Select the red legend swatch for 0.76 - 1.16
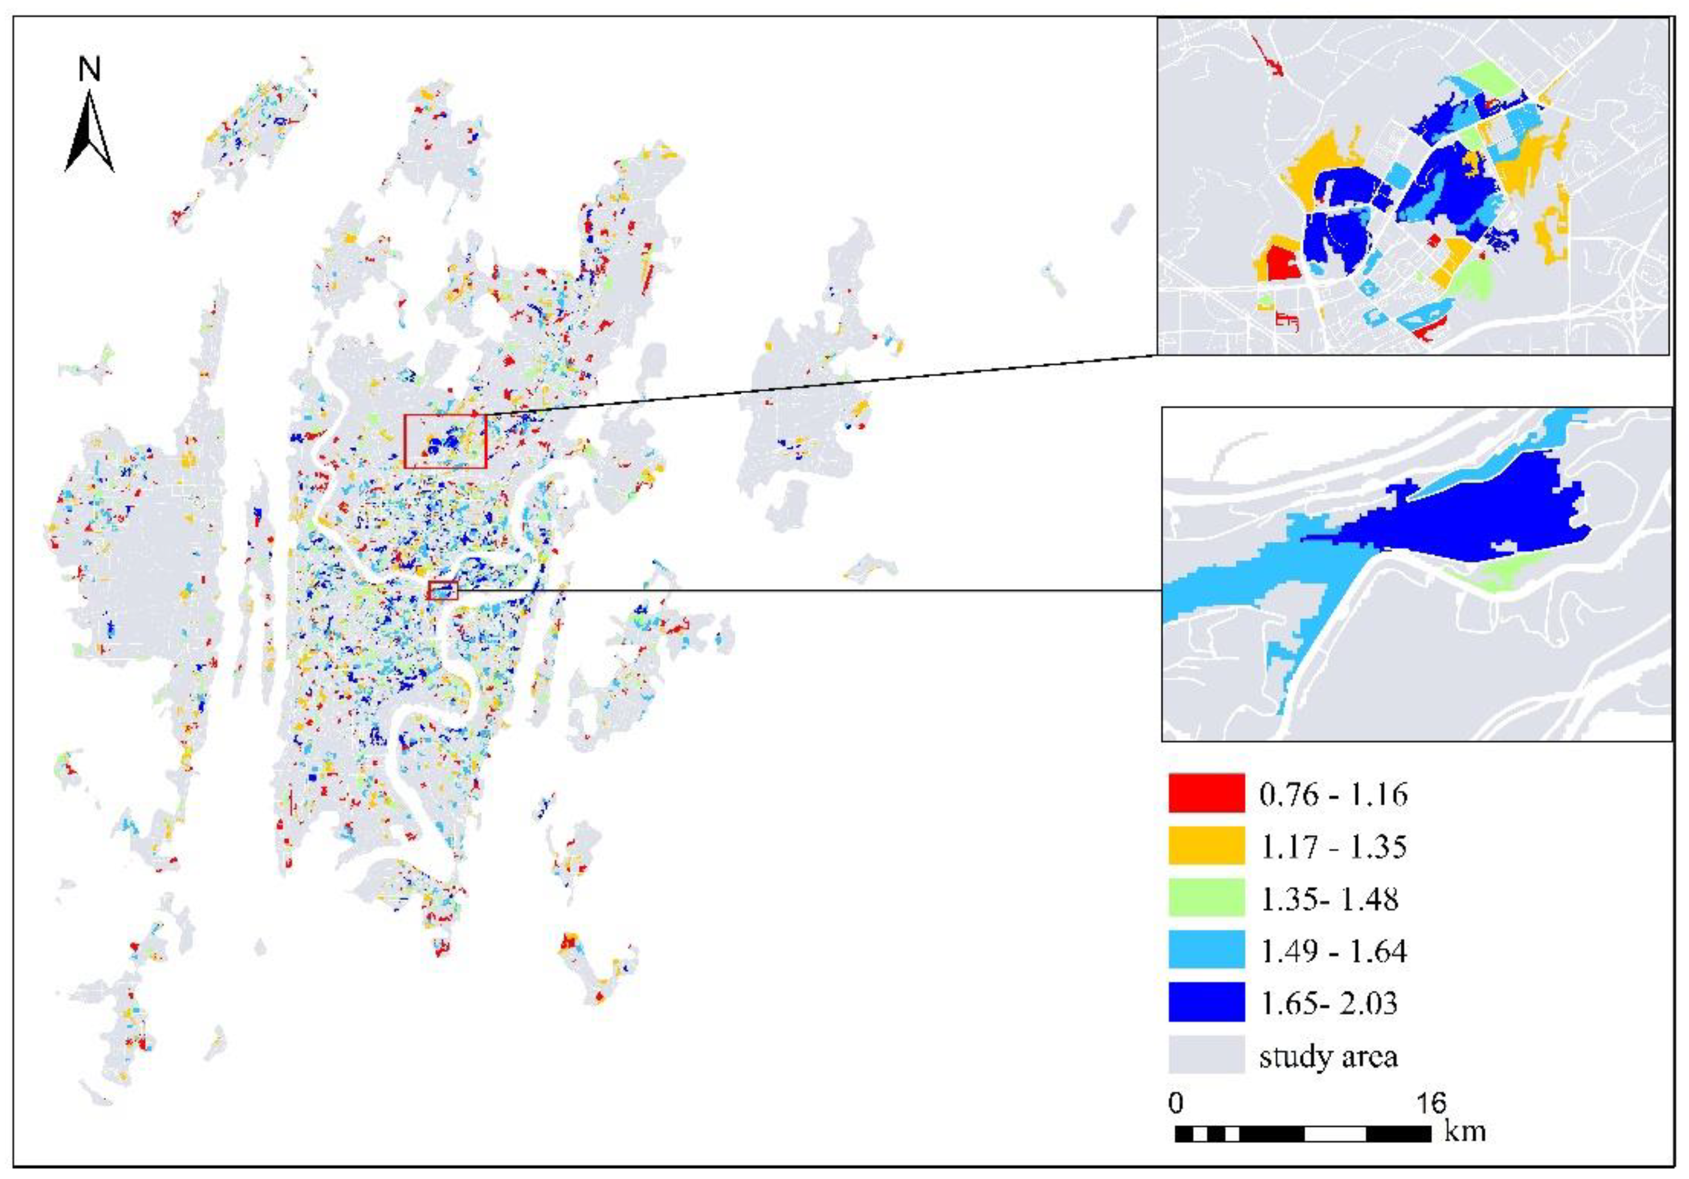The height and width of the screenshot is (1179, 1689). pos(1207,793)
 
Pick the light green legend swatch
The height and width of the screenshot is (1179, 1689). pos(1207,897)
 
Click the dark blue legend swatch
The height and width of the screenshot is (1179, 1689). pos(1207,1001)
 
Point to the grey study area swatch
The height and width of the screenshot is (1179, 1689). pos(1207,1054)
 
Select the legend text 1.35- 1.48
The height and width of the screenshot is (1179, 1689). pos(1329,898)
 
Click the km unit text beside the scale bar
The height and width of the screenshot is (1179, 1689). pos(1464,1130)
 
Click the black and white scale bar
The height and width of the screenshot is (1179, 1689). pos(1303,1134)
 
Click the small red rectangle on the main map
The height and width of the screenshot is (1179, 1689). pos(443,590)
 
